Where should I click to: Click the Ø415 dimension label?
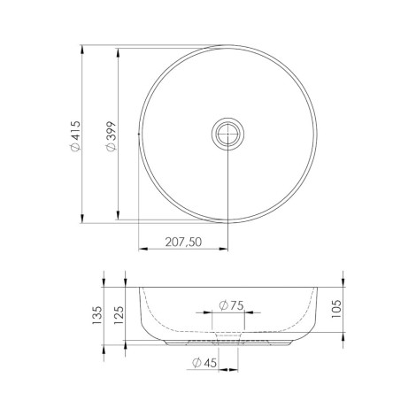click(75, 135)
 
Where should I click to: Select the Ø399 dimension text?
click(112, 136)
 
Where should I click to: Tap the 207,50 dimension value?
click(183, 242)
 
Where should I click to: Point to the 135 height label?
click(97, 316)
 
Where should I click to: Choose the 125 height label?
click(119, 315)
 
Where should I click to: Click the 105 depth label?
click(336, 309)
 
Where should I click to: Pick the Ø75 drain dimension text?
click(232, 305)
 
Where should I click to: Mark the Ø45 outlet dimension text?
click(204, 362)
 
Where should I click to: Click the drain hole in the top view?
click(227, 134)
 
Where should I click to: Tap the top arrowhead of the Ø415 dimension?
click(82, 50)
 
